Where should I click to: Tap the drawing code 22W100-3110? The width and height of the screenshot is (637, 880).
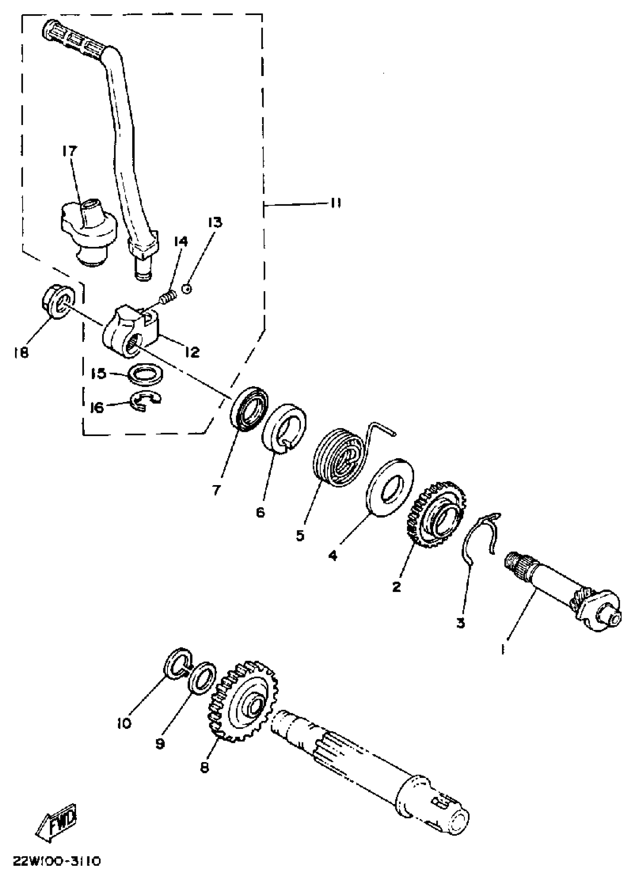57,862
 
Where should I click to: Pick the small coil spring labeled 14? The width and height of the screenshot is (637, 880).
168,299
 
